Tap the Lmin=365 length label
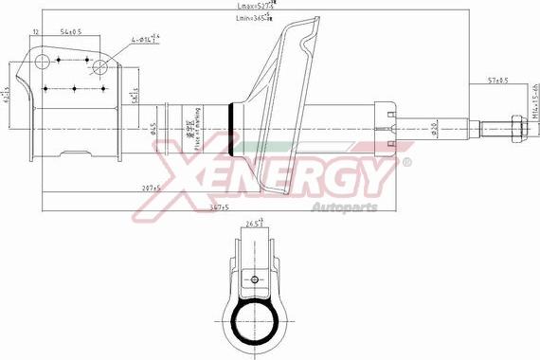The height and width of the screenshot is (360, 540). pyautogui.click(x=255, y=20)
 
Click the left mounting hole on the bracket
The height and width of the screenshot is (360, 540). pyautogui.click(x=42, y=63)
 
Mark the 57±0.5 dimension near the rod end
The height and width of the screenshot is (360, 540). pyautogui.click(x=498, y=80)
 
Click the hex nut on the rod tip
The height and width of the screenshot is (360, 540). pyautogui.click(x=515, y=125)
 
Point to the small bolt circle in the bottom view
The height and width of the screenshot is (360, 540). pyautogui.click(x=254, y=279)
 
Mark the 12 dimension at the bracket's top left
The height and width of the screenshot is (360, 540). pyautogui.click(x=35, y=32)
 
